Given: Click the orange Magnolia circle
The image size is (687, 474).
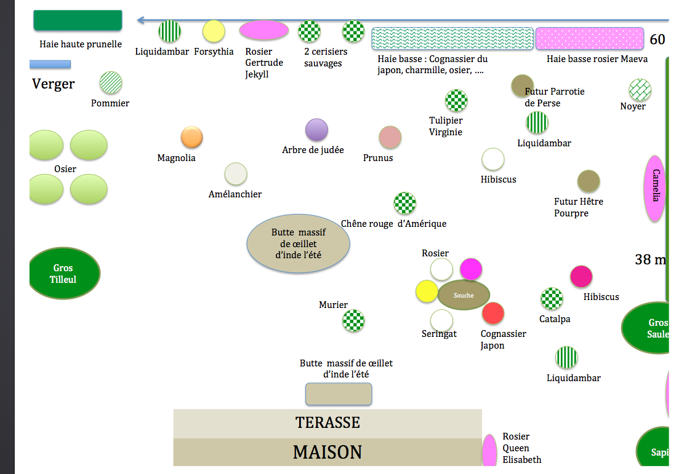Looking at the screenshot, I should pos(191,138).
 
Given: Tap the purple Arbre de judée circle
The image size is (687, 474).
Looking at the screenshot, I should pos(316,130).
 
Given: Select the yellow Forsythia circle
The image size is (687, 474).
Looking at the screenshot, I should pos(214,31).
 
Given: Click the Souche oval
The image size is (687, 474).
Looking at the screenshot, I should pos(464,295).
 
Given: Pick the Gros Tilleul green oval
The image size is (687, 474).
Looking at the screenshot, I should pos(64,274).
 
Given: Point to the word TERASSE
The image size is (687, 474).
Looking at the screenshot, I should pos(327,423).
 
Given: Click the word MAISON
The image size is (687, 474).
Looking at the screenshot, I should pos(327,452).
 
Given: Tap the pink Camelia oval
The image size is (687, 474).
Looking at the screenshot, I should pos(656,188).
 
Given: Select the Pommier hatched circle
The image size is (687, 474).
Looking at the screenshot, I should pos(111,82).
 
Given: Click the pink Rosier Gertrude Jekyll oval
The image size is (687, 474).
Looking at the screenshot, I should pos(263,30).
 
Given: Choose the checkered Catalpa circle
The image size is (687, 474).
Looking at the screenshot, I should pos(552,299).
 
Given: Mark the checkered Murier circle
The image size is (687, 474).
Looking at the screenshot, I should pos(353,320).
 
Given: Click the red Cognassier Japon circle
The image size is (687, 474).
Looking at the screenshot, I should pos(493,314).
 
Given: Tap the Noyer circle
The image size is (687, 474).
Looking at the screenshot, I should pos(640,90).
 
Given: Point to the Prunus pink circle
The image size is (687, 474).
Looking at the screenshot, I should pos(390,137).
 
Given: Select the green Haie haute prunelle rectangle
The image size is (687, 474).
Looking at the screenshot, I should pos(78,20).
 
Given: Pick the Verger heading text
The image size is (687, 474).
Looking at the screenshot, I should pos(54,84).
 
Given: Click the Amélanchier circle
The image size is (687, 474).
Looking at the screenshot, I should pos(236,174).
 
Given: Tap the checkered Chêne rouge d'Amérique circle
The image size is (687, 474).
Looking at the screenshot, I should pos(404,203).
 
